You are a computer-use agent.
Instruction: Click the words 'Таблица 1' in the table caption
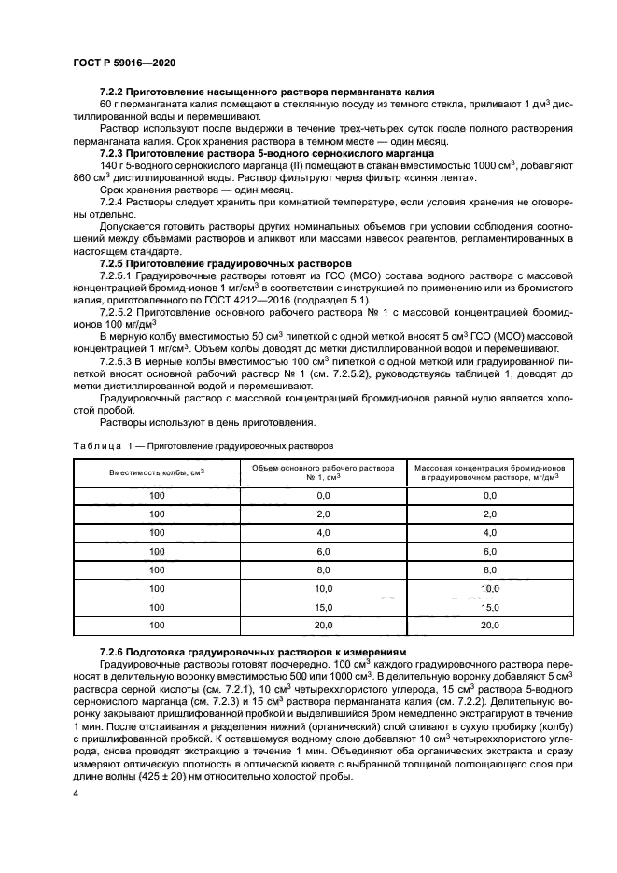[97, 447]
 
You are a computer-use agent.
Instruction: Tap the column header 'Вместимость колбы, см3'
[157, 474]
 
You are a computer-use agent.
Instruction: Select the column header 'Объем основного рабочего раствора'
[324, 469]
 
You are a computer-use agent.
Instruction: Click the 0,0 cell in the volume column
[324, 495]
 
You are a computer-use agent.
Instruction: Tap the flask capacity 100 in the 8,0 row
[157, 570]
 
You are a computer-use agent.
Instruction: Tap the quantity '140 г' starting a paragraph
[111, 163]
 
